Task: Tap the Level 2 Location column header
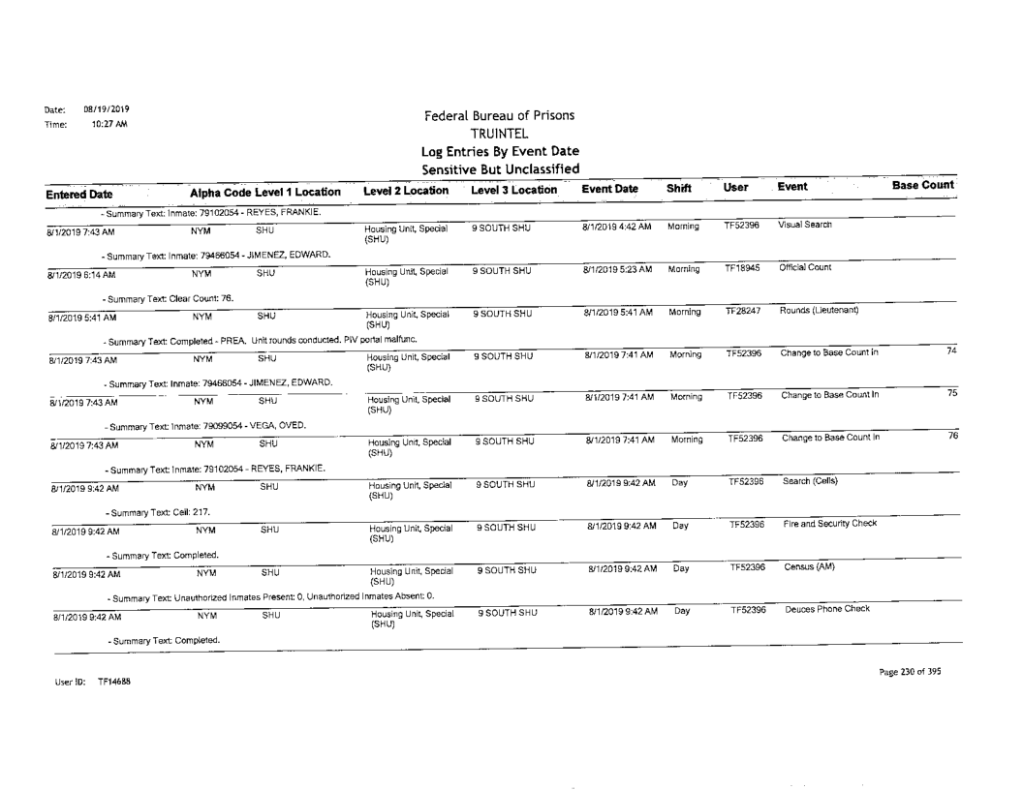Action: click(400, 190)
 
